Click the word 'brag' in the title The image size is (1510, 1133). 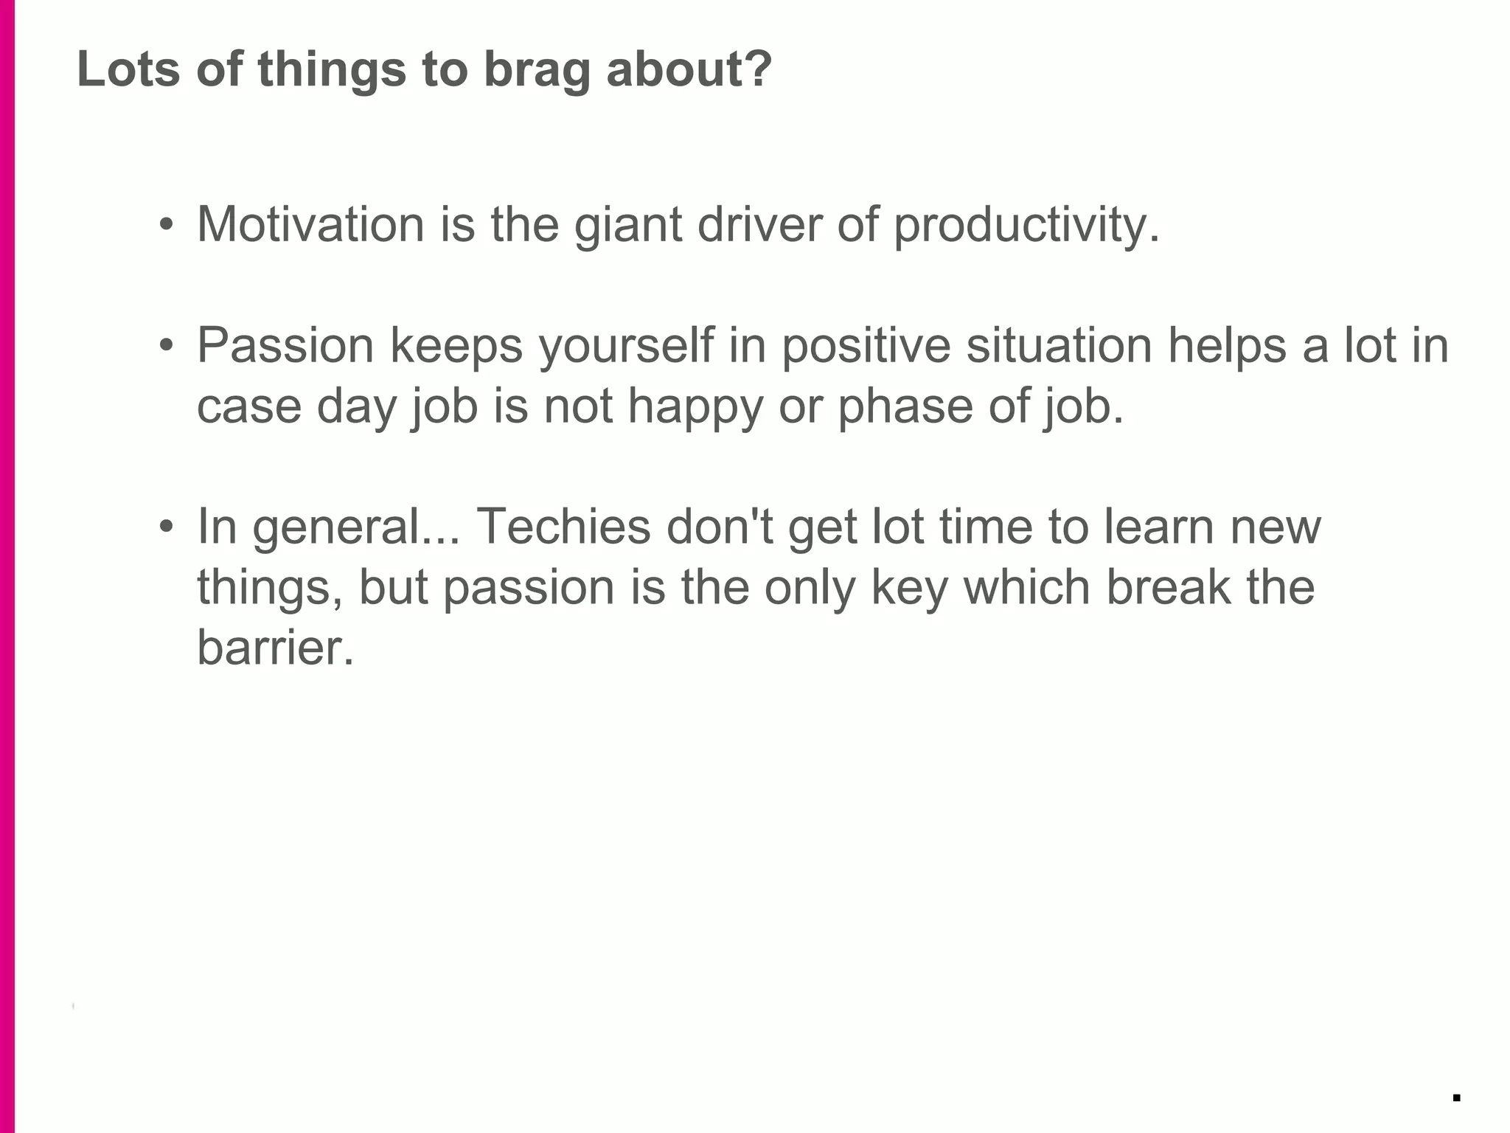537,70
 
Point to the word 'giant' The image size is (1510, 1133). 627,225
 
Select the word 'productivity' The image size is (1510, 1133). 1021,225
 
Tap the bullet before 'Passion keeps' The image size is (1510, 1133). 167,344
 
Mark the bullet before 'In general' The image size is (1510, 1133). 167,526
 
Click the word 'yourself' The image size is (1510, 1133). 627,346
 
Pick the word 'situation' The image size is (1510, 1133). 1059,345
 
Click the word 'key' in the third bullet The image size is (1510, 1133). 909,589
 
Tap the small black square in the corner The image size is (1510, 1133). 1456,1098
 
